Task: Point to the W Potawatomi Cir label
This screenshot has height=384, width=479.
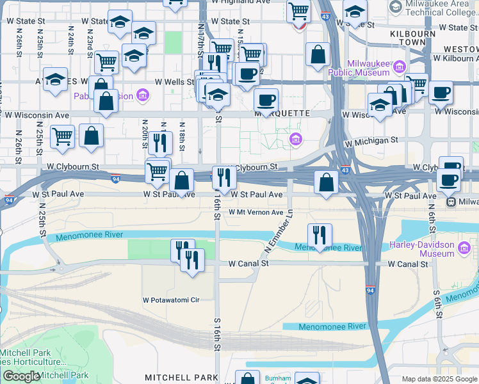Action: pos(171,300)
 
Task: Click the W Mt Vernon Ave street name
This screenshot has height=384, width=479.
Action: pos(256,212)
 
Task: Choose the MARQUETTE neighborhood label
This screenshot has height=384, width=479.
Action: pos(282,113)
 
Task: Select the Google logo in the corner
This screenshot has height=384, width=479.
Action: pos(22,376)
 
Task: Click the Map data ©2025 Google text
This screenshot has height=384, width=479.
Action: pos(439,379)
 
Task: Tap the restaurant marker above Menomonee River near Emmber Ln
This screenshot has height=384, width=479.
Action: pos(319,235)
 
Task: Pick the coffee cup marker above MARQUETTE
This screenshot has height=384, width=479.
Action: pos(266,99)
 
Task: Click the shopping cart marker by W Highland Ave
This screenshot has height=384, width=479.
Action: pos(298,11)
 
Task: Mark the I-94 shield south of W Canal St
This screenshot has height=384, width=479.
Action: pos(371,289)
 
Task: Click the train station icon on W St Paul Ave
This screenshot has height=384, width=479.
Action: pos(451,202)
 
